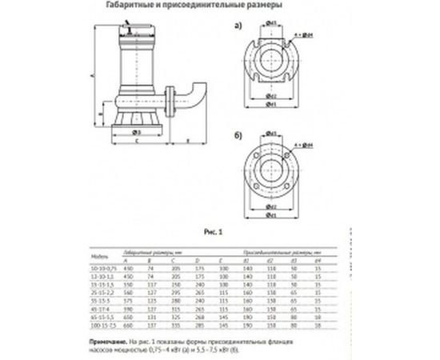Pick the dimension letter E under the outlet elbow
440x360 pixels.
click(x=186, y=142)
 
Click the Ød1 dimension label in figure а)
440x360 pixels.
click(x=273, y=104)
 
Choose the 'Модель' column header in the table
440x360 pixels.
click(x=102, y=257)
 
